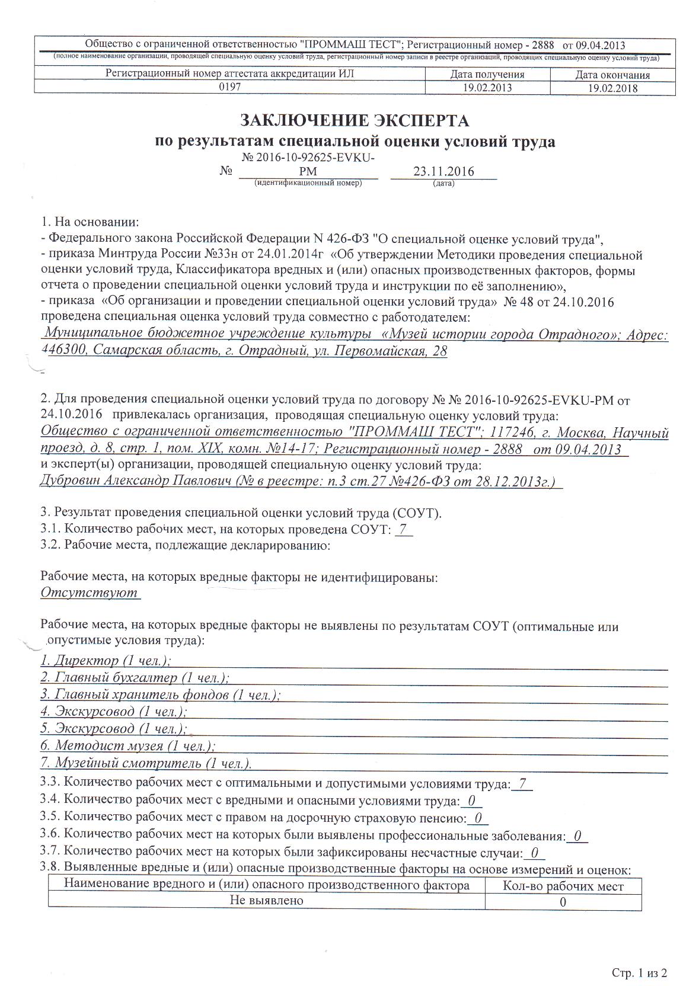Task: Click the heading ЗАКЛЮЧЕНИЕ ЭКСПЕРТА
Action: (354, 120)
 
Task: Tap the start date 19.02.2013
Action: (487, 88)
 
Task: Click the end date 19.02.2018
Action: (612, 88)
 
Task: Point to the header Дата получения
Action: (487, 75)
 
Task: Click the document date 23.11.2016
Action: (443, 172)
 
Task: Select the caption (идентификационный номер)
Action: (308, 183)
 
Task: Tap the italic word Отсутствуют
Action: (89, 592)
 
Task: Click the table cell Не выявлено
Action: (267, 900)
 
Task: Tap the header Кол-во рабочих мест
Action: (563, 886)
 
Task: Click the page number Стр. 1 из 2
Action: (639, 972)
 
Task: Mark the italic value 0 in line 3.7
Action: (534, 853)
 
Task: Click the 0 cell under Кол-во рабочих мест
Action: (563, 901)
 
